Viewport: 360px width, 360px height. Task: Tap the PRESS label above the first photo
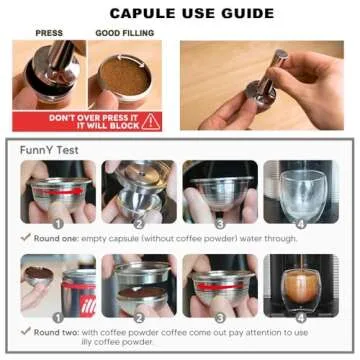coord(49,33)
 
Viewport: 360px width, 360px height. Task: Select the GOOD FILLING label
coord(124,33)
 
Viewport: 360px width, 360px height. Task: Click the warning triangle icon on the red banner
coord(151,120)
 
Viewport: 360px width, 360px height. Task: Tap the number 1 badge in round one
coord(59,224)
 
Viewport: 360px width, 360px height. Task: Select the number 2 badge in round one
coord(138,224)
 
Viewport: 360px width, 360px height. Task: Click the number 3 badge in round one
coord(220,224)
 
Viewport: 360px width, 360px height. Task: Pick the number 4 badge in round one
coord(301,224)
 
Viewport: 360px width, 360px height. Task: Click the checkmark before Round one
coord(25,238)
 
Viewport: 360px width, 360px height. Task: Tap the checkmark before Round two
coord(25,332)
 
